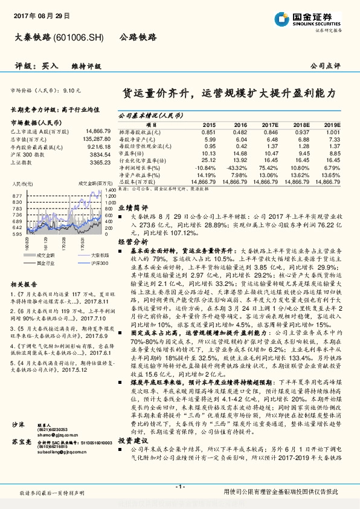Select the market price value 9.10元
[x=72, y=89]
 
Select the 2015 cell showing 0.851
[x=208, y=132]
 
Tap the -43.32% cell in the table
[x=236, y=167]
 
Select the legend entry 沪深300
[x=100, y=263]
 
